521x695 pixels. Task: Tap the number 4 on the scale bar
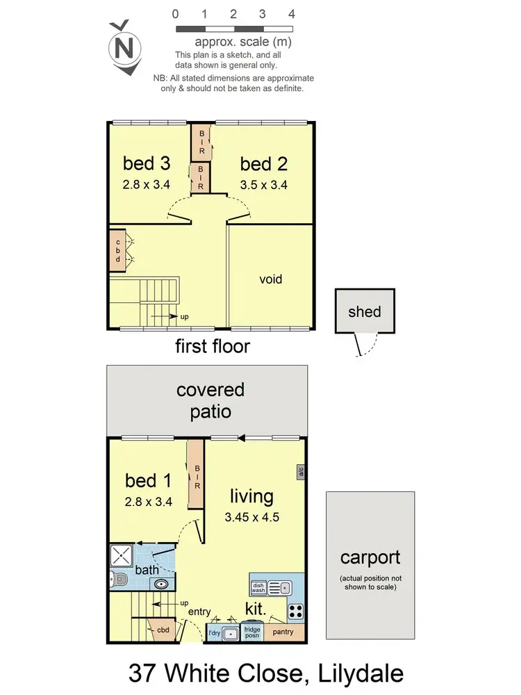tap(292, 14)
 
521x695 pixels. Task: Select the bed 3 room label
tap(147, 163)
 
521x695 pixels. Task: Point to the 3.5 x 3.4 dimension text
tap(263, 185)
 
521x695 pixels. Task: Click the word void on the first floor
tap(270, 279)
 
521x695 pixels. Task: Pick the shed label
tap(365, 311)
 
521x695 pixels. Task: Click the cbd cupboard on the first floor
tap(117, 250)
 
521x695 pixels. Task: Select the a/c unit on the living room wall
tap(301, 471)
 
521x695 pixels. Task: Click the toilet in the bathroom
tap(118, 578)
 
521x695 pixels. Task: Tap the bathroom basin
tap(161, 584)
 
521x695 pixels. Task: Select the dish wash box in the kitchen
tap(258, 588)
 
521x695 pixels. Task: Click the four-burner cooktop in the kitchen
tap(295, 612)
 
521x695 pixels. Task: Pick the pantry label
tap(283, 632)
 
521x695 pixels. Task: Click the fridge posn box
tap(251, 632)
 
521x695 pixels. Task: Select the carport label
tap(370, 557)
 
